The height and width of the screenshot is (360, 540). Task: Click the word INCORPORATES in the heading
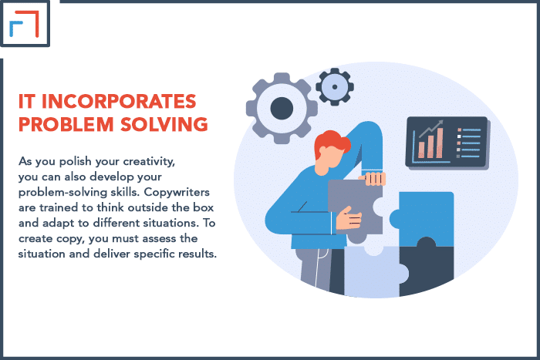(119, 102)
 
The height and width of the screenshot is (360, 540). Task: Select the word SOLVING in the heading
(164, 124)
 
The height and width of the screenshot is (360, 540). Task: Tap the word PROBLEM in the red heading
(66, 124)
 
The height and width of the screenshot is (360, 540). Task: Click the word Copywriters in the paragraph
(177, 192)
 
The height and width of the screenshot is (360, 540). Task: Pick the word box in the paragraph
(204, 207)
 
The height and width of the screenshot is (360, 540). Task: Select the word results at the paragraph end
(200, 254)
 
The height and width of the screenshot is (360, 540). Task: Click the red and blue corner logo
(24, 23)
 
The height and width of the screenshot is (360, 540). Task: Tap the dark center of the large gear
(282, 108)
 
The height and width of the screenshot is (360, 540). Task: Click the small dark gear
(335, 87)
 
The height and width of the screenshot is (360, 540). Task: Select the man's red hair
(331, 143)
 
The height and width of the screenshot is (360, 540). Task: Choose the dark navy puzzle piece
(429, 268)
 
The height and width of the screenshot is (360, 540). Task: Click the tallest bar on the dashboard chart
(440, 143)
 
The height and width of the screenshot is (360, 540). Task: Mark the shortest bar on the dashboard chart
(421, 150)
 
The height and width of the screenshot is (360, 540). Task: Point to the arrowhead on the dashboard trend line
(440, 123)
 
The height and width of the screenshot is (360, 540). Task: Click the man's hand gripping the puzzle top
(373, 178)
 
